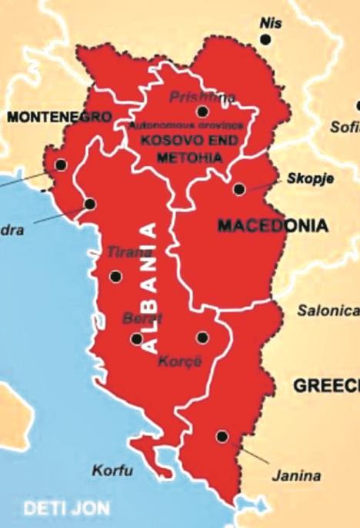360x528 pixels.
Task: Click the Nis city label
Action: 271,22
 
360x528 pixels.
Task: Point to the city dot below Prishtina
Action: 202,111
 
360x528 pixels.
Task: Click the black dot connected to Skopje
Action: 239,188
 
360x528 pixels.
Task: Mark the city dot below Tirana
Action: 115,277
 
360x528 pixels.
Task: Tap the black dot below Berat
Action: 137,338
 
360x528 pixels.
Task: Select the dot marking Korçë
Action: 202,337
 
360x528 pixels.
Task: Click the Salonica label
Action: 328,310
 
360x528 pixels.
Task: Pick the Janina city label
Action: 296,476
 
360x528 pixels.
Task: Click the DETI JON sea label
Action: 66,508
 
